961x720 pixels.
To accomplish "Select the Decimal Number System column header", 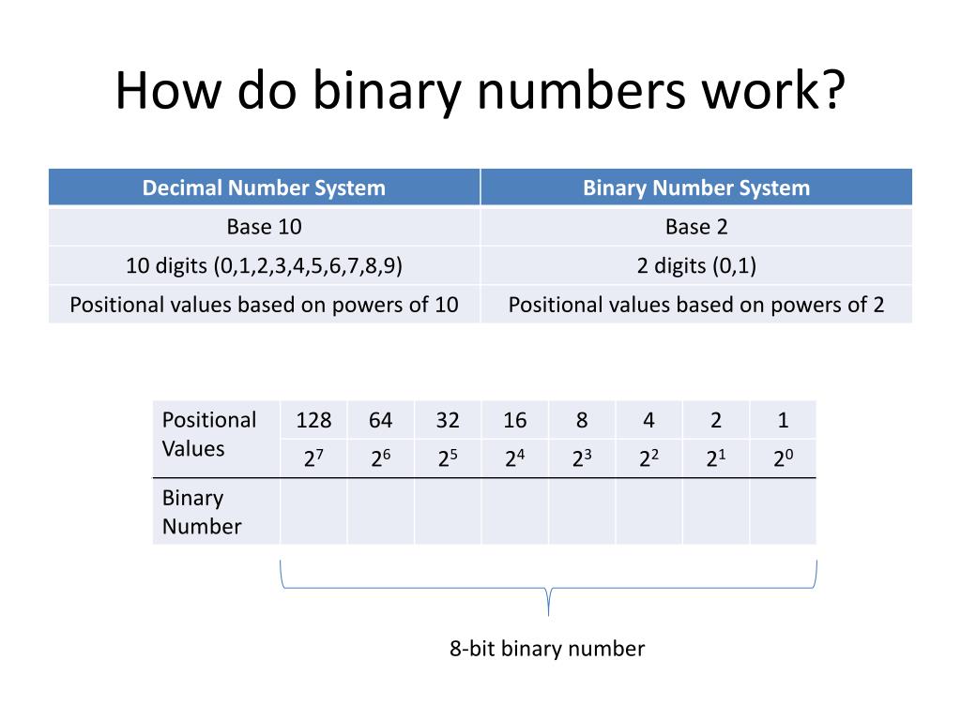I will click(x=264, y=187).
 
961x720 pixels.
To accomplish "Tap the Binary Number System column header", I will click(x=695, y=187).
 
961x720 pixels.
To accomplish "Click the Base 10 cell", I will click(x=264, y=227).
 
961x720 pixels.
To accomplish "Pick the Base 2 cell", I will click(x=695, y=227).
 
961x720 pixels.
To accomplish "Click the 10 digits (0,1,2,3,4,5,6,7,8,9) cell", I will click(x=264, y=266).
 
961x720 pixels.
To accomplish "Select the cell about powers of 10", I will click(x=264, y=305).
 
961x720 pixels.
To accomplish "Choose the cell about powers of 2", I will click(x=695, y=305).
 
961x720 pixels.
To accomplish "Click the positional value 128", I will click(x=313, y=420).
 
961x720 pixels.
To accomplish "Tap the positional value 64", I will click(x=380, y=420).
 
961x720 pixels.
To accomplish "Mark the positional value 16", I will click(x=514, y=420).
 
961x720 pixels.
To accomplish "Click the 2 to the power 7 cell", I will click(x=313, y=459).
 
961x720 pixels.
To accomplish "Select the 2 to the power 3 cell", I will click(x=582, y=459).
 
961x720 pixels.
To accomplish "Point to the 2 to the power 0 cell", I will click(x=783, y=459).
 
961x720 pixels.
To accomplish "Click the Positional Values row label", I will click(x=208, y=434).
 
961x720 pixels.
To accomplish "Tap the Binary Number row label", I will click(x=201, y=512).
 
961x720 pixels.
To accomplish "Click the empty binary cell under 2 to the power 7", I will click(x=313, y=511).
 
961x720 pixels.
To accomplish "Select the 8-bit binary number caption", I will click(x=547, y=649).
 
